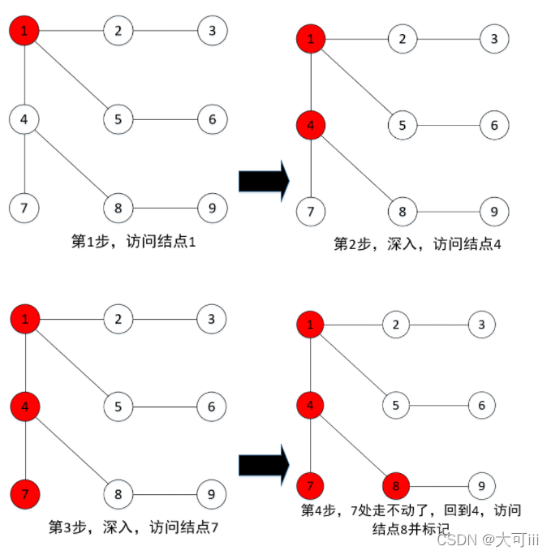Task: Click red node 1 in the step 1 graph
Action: pyautogui.click(x=24, y=31)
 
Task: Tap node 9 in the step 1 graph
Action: pyautogui.click(x=212, y=208)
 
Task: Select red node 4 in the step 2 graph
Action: pyautogui.click(x=312, y=125)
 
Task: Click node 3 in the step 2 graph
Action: pyautogui.click(x=493, y=37)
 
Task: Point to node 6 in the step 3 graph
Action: pyautogui.click(x=212, y=406)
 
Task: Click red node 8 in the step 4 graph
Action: pyautogui.click(x=397, y=486)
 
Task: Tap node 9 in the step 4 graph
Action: pyautogui.click(x=481, y=486)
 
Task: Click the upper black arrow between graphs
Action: pyautogui.click(x=264, y=180)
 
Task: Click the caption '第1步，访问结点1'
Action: pyautogui.click(x=134, y=241)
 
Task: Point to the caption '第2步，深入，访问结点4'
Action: pyautogui.click(x=417, y=243)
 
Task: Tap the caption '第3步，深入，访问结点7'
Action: pyautogui.click(x=134, y=527)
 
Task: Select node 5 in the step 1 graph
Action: pyautogui.click(x=118, y=119)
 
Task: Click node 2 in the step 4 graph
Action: pyautogui.click(x=397, y=325)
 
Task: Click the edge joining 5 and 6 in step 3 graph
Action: pyautogui.click(x=166, y=406)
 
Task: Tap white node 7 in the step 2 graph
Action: pyautogui.click(x=312, y=213)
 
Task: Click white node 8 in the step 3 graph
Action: pyautogui.click(x=118, y=493)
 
